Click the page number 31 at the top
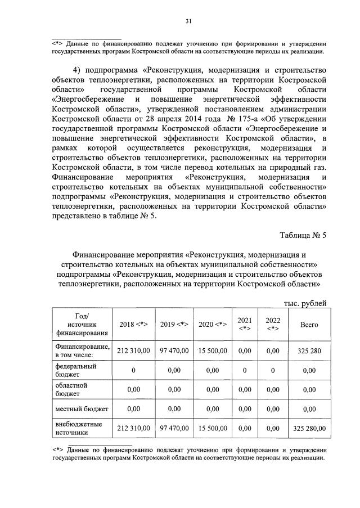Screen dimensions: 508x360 click(188, 21)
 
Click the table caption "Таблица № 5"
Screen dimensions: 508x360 click(303, 235)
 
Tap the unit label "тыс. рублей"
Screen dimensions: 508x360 click(305, 303)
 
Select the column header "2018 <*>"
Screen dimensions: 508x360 click(133, 325)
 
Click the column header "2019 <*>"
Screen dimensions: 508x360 click(174, 325)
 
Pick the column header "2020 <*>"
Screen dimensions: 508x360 click(213, 325)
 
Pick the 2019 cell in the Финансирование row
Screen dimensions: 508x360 click(174, 350)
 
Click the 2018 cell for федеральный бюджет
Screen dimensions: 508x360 click(133, 370)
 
